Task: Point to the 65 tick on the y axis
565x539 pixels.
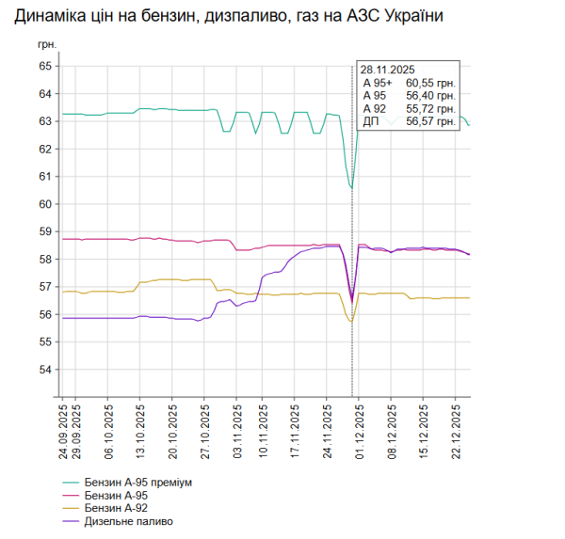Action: click(44, 66)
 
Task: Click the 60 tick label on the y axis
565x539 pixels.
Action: click(44, 204)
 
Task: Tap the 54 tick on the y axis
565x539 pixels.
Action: click(44, 370)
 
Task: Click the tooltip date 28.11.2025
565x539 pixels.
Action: click(389, 70)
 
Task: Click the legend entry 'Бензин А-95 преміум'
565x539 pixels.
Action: click(137, 483)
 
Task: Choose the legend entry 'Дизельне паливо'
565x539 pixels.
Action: click(127, 520)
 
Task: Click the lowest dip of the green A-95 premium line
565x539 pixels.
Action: click(351, 188)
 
